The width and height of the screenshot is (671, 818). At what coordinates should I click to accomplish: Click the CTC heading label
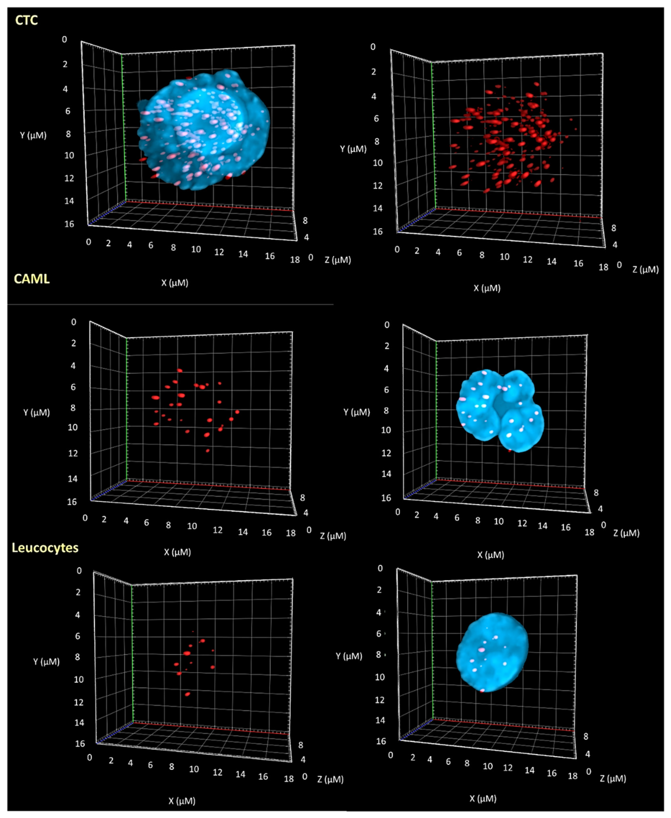point(26,20)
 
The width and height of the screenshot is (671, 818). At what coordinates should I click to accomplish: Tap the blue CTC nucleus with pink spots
point(203,130)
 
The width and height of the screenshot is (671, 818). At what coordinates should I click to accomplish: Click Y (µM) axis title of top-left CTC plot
point(33,135)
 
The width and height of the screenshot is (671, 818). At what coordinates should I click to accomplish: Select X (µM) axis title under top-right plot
point(487,288)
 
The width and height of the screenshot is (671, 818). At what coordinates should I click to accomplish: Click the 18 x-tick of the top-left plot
point(295,260)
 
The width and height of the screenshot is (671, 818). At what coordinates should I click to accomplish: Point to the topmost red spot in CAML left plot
point(179,370)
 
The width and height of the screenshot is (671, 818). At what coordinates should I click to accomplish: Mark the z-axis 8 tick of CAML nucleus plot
point(596,493)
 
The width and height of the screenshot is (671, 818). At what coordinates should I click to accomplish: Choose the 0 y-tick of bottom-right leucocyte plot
point(380,568)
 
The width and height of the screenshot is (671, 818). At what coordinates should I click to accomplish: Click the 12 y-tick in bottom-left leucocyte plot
point(78,702)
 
